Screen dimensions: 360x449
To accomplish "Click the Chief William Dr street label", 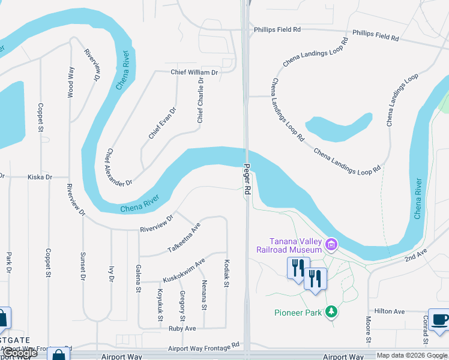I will coord(194,72).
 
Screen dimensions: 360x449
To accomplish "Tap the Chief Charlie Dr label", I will coord(200,100).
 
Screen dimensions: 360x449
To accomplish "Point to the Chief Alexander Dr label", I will coord(119,167).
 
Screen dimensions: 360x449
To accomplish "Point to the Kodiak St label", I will coord(227,274).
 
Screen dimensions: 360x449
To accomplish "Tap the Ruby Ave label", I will coord(182,328).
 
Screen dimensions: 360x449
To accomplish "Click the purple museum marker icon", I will coord(331,244).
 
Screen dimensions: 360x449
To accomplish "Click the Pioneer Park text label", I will coord(298,313).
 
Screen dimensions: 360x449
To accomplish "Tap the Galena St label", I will coord(138,278).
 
